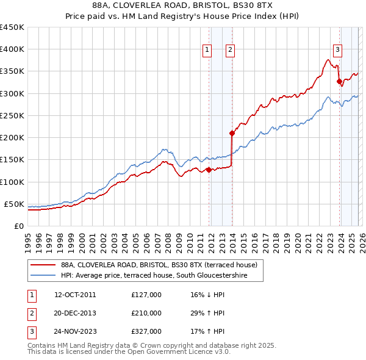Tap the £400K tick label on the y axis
point(12,49)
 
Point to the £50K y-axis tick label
point(13,204)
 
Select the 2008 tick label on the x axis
point(168,238)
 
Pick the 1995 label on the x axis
point(27,238)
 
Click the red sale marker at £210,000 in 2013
point(232,133)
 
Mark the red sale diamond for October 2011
point(208,170)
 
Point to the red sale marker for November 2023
point(339,81)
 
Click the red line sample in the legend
point(43,265)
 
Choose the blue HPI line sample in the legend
point(43,275)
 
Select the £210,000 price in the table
point(146,313)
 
